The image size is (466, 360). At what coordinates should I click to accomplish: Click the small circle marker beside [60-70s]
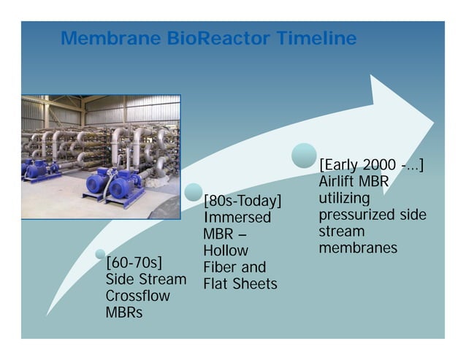[101, 254]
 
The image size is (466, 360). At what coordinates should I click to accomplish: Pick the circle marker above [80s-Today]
[194, 192]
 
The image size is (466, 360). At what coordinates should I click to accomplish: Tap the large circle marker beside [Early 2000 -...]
[304, 156]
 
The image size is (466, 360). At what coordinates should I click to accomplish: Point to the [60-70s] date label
[134, 262]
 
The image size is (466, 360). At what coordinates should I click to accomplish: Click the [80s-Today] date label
[242, 201]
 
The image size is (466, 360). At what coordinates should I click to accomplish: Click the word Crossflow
[138, 296]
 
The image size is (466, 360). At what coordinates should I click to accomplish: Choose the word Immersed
[237, 218]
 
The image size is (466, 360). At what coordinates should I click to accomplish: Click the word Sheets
[259, 284]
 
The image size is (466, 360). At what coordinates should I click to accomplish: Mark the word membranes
[358, 248]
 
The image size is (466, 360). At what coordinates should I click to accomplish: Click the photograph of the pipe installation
[101, 156]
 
